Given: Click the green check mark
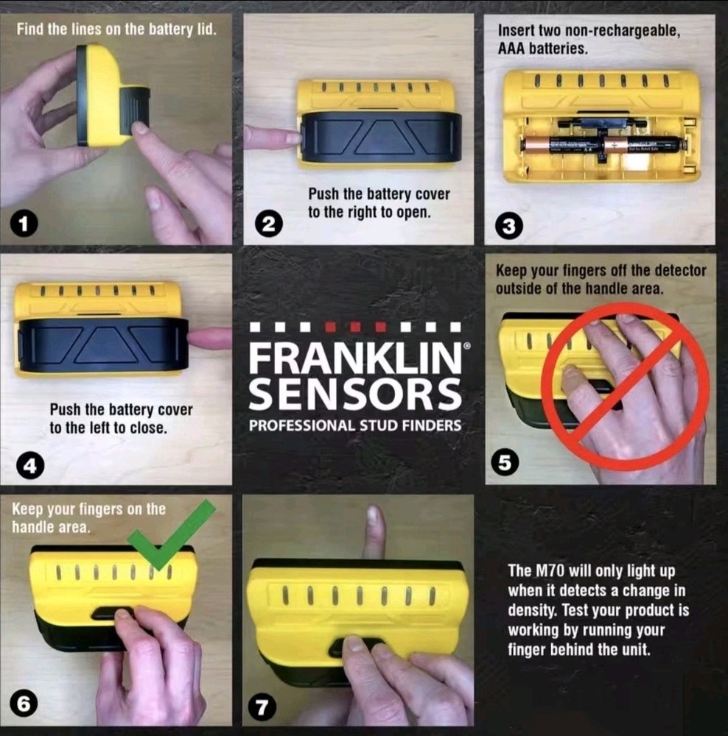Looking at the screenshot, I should point(172,535).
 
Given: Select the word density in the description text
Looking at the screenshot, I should point(528,610).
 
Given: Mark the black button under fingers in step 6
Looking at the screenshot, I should point(112,612).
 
